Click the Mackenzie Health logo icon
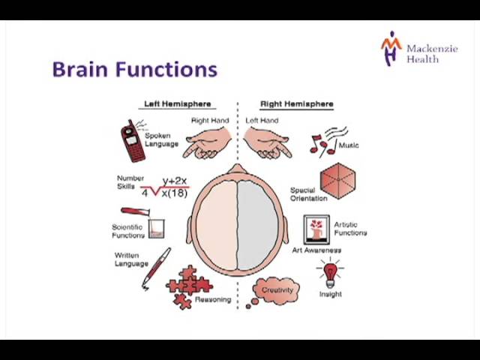pyautogui.click(x=391, y=48)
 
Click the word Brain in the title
pyautogui.click(x=80, y=70)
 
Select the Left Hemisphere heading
pyautogui.click(x=178, y=104)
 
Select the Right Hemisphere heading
pyautogui.click(x=297, y=104)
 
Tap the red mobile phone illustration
pyautogui.click(x=133, y=142)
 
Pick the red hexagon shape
pyautogui.click(x=338, y=181)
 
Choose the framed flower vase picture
pyautogui.click(x=316, y=229)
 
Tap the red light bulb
pyautogui.click(x=330, y=273)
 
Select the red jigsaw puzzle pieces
pyautogui.click(x=188, y=286)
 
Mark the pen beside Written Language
pyautogui.click(x=156, y=268)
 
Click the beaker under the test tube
pyautogui.click(x=157, y=228)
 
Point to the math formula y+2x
pyautogui.click(x=175, y=181)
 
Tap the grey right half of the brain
pyautogui.click(x=258, y=226)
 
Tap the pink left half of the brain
pyautogui.click(x=217, y=226)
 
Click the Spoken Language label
pyautogui.click(x=161, y=139)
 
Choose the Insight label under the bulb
pyautogui.click(x=330, y=294)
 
